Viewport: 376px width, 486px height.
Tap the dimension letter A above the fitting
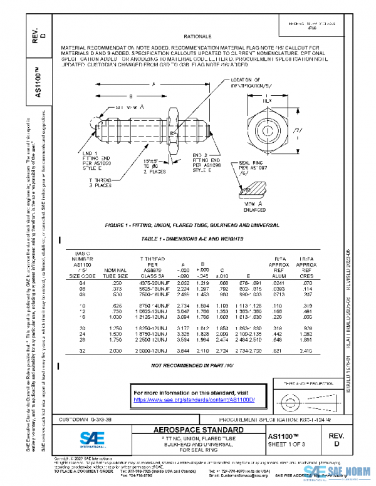click(152, 84)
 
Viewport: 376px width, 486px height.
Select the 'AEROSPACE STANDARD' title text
click(193, 430)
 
